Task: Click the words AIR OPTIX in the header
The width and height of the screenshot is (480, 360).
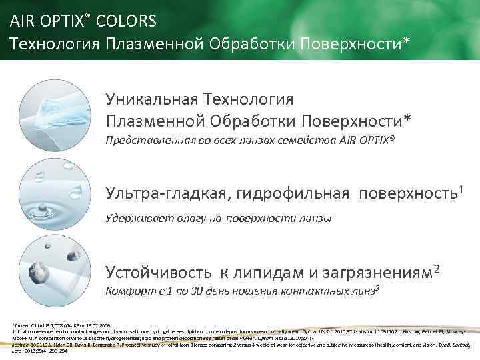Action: point(45,21)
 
